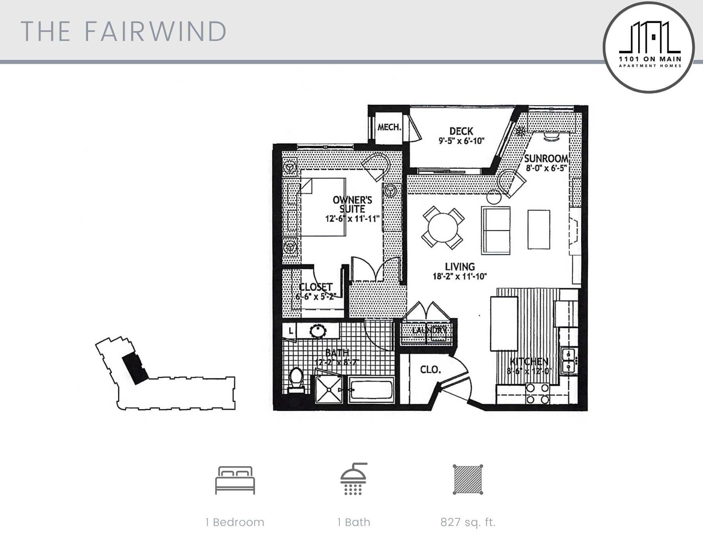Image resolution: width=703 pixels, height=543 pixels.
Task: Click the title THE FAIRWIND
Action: click(123, 31)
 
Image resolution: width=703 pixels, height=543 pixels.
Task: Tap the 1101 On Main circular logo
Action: click(649, 47)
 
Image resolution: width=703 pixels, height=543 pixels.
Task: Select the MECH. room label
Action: click(389, 127)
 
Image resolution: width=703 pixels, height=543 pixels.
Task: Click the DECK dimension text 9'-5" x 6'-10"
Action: click(461, 141)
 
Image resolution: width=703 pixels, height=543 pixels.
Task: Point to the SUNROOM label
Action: click(546, 158)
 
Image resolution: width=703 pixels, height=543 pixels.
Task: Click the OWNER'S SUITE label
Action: click(352, 204)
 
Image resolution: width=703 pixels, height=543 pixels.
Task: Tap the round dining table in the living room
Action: click(442, 228)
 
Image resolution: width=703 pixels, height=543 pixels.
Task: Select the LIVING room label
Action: click(460, 267)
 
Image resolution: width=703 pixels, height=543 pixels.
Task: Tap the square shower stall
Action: click(329, 389)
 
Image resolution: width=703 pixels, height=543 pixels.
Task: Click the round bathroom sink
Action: click(318, 331)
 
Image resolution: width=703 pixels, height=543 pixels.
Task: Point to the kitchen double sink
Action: click(568, 360)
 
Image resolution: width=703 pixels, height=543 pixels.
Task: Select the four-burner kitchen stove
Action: click(537, 393)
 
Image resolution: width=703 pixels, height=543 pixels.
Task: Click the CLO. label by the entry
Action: click(430, 369)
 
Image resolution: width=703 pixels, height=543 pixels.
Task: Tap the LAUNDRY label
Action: click(429, 330)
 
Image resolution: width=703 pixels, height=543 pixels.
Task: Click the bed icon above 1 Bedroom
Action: click(235, 480)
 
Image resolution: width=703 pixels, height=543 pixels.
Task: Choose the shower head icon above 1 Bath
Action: click(353, 479)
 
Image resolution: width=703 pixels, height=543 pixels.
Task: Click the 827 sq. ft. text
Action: click(467, 522)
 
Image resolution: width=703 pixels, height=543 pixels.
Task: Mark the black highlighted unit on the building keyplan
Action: click(135, 369)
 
